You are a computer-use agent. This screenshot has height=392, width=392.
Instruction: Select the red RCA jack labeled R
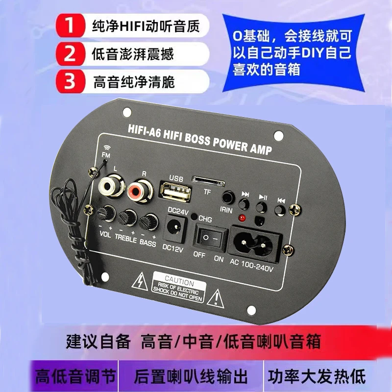(x=138, y=190)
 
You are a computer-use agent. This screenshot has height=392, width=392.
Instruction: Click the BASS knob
(x=147, y=222)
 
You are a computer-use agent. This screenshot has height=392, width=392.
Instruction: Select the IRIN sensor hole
(x=227, y=198)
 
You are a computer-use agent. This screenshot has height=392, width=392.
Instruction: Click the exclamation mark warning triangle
(x=215, y=297)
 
